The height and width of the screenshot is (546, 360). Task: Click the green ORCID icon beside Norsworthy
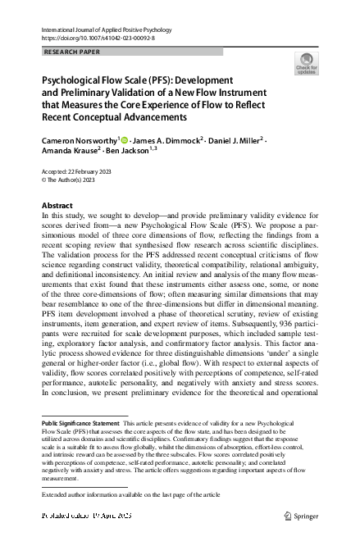125,140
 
